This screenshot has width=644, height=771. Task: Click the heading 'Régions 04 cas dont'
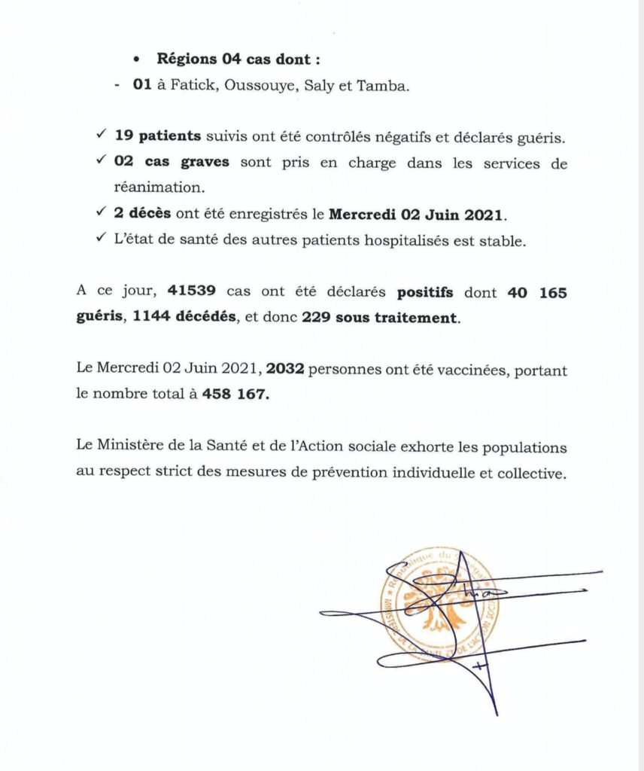pyautogui.click(x=228, y=59)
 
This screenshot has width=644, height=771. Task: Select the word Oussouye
pyautogui.click(x=260, y=87)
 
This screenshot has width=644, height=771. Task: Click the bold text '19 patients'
pyautogui.click(x=159, y=137)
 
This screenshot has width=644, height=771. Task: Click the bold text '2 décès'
pyautogui.click(x=142, y=215)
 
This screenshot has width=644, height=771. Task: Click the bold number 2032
pyautogui.click(x=283, y=369)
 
